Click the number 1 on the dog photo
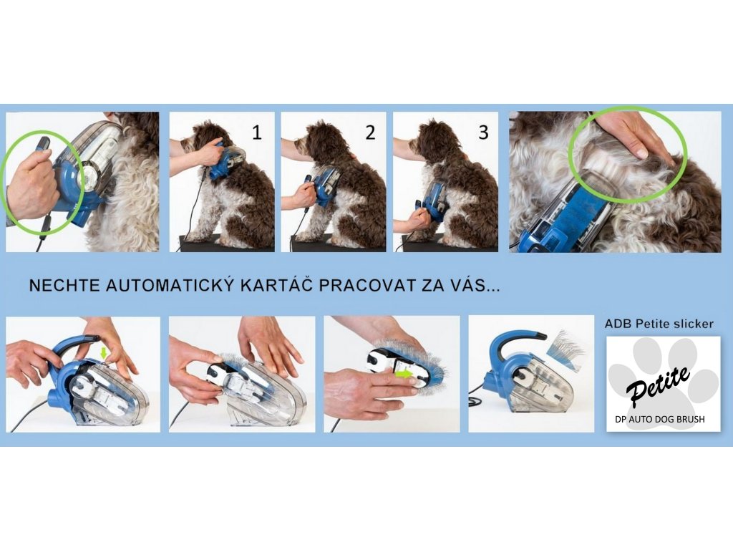click(x=257, y=132)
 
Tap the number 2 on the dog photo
click(x=370, y=132)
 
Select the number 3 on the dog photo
click(x=483, y=132)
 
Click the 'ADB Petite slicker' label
click(x=659, y=324)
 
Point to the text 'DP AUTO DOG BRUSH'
click(x=659, y=420)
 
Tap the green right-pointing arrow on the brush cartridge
click(x=404, y=374)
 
